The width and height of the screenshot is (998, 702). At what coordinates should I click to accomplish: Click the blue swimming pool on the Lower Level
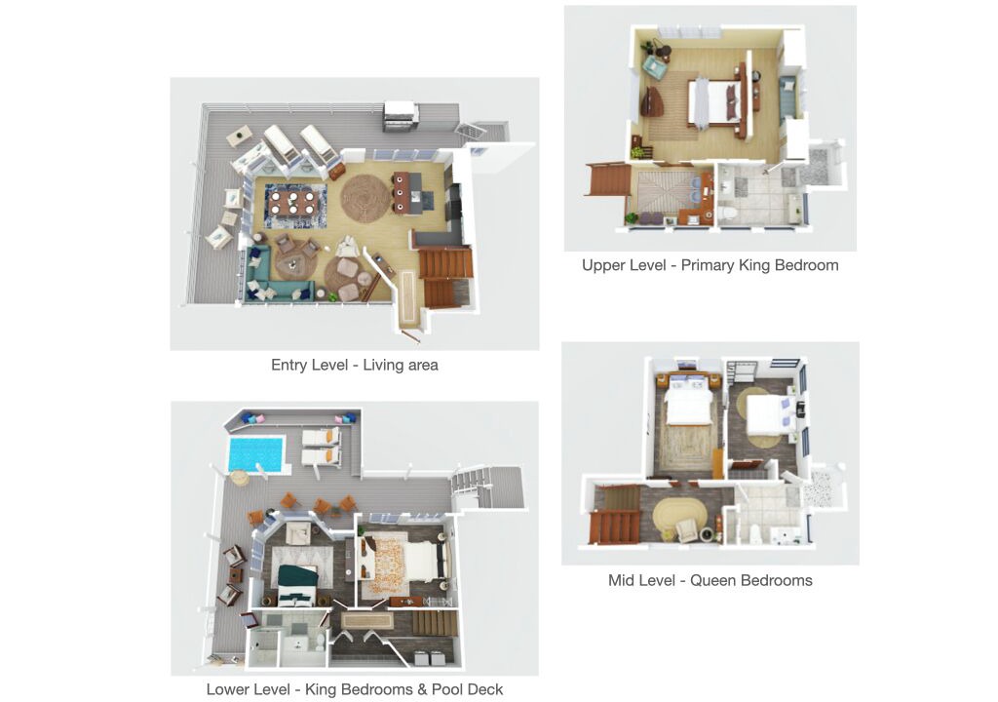255,454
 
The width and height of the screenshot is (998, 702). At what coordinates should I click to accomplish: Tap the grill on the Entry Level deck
400,116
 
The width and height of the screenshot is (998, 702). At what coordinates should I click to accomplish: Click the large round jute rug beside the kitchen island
365,199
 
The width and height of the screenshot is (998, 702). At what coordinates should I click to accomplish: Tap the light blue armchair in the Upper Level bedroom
654,64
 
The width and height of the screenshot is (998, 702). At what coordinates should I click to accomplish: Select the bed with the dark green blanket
297,585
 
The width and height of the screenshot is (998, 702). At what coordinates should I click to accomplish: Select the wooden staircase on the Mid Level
616,515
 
